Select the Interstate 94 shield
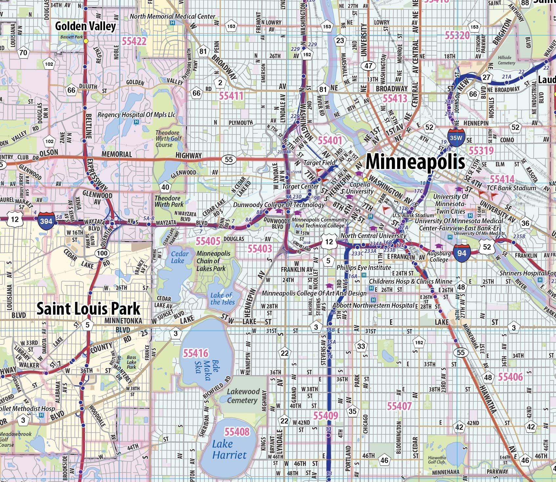[x=461, y=253]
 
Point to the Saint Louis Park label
[x=88, y=309]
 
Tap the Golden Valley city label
[x=85, y=26]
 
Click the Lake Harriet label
[x=229, y=449]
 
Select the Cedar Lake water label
[x=180, y=257]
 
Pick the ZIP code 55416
[x=196, y=353]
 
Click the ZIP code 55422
[x=134, y=41]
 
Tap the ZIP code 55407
[x=399, y=406]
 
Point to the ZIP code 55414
[x=502, y=179]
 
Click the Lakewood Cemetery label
[x=243, y=396]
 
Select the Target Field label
[x=319, y=162]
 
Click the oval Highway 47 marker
[x=369, y=66]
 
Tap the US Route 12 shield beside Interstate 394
[x=15, y=219]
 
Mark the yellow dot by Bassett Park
[x=86, y=41]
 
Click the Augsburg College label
[x=439, y=256]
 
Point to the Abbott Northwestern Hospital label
[x=373, y=305]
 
